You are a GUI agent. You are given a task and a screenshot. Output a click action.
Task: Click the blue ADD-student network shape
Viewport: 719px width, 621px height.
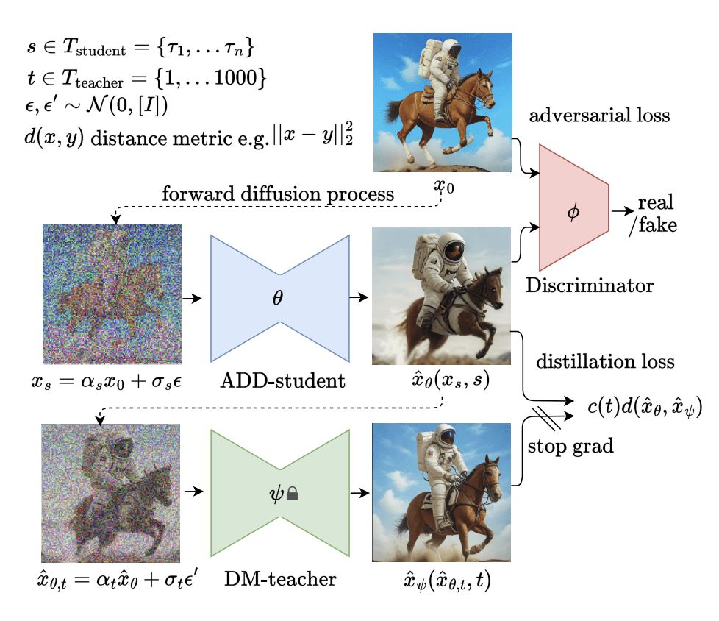pyautogui.click(x=279, y=298)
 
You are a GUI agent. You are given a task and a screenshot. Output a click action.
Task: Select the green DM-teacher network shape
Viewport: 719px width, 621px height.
pyautogui.click(x=279, y=493)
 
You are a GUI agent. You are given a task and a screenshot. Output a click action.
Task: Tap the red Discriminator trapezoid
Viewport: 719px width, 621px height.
pyautogui.click(x=573, y=208)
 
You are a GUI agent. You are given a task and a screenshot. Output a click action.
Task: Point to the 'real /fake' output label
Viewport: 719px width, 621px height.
pyautogui.click(x=654, y=213)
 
